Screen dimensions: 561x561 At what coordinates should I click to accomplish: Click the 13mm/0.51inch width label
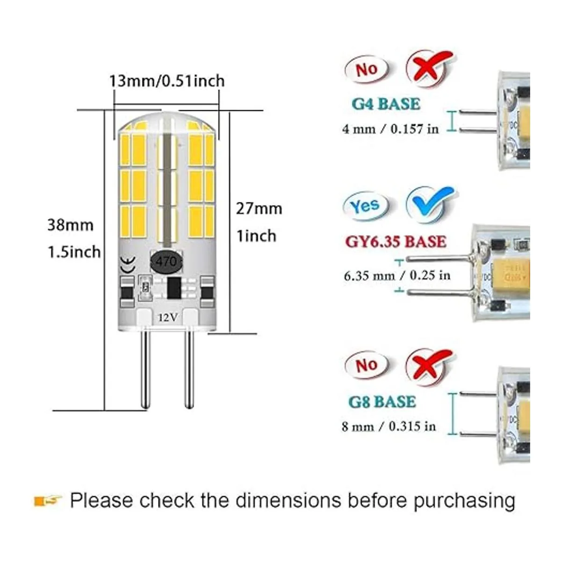(x=166, y=81)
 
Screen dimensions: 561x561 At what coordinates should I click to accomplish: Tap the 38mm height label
(x=70, y=225)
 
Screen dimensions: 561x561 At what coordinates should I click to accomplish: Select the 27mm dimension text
(x=259, y=208)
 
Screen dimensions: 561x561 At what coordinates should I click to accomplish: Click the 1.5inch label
(x=74, y=252)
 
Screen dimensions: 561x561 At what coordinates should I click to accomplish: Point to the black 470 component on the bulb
(x=167, y=260)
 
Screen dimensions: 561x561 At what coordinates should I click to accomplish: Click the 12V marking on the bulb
(x=167, y=317)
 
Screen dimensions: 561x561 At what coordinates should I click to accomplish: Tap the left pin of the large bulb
(x=146, y=369)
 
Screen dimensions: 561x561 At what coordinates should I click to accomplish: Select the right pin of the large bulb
(x=189, y=369)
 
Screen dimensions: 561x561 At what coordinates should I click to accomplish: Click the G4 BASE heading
(x=386, y=104)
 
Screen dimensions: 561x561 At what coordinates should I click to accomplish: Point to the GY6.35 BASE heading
(x=396, y=241)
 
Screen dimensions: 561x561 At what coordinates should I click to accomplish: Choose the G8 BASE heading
(x=382, y=402)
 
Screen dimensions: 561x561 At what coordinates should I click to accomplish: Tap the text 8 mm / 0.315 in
(x=388, y=426)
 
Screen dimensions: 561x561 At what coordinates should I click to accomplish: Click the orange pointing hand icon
(x=48, y=501)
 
